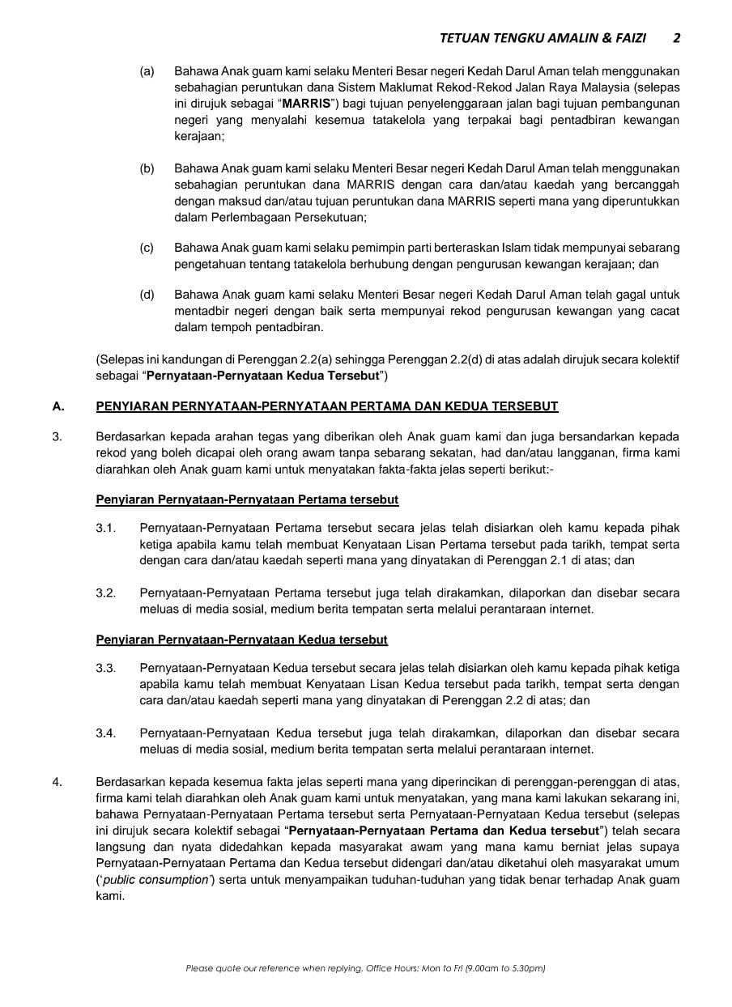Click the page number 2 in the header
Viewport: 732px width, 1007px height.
tap(676, 37)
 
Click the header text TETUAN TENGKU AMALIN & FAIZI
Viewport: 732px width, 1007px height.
tap(548, 37)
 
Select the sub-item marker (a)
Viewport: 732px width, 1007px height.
tap(147, 71)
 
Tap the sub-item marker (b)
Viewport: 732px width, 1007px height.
tap(147, 168)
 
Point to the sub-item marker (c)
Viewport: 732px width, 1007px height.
tap(147, 248)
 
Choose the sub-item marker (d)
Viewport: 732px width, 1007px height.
tap(147, 295)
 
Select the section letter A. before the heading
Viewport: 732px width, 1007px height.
tap(57, 406)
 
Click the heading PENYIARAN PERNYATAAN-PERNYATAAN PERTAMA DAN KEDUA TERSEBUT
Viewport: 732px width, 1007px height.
tap(326, 406)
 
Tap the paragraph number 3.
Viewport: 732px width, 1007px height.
tap(57, 437)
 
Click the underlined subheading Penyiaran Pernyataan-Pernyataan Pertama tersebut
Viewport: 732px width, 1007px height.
tap(247, 499)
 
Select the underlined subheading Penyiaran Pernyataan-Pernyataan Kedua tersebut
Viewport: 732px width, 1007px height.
tap(241, 639)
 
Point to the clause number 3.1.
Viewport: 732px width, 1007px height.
tap(106, 528)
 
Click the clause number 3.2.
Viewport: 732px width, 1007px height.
tap(106, 593)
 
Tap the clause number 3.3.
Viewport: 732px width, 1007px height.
tap(106, 668)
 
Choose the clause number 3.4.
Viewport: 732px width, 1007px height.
tap(106, 733)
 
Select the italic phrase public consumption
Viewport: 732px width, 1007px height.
tap(155, 880)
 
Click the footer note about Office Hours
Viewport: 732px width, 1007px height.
tap(365, 968)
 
